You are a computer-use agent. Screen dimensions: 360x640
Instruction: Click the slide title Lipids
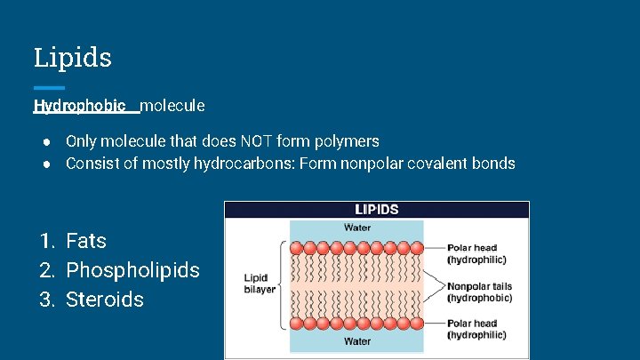pyautogui.click(x=73, y=58)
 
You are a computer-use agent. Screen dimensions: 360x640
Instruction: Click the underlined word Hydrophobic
pyautogui.click(x=79, y=106)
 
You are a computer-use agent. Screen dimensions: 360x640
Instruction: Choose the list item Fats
pyautogui.click(x=85, y=241)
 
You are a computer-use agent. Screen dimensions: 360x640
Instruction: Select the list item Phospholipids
pyautogui.click(x=132, y=270)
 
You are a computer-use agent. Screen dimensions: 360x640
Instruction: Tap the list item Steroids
pyautogui.click(x=104, y=300)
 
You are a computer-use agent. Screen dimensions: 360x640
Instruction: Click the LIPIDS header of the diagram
pyautogui.click(x=377, y=210)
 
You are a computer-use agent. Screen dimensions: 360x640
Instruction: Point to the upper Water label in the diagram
pyautogui.click(x=357, y=228)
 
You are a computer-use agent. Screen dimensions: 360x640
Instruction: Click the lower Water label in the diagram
pyautogui.click(x=357, y=340)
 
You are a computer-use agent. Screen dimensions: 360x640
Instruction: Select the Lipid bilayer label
pyautogui.click(x=260, y=284)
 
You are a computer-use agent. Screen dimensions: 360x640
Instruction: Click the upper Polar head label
pyautogui.click(x=476, y=254)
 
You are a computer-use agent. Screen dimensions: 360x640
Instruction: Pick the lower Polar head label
pyautogui.click(x=476, y=329)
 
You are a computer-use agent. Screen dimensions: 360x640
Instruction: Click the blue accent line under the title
pyautogui.click(x=49, y=87)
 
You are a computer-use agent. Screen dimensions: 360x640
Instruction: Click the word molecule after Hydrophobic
pyautogui.click(x=172, y=106)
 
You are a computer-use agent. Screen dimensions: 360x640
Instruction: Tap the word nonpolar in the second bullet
pyautogui.click(x=368, y=164)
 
